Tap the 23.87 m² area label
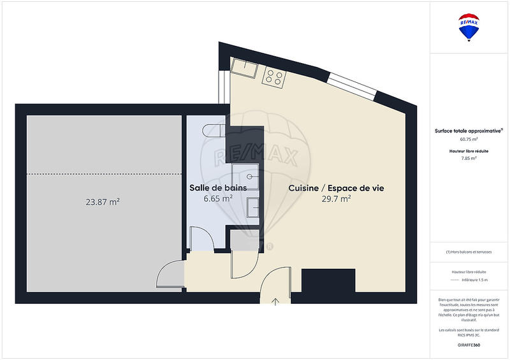click(x=103, y=202)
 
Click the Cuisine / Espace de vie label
click(x=336, y=188)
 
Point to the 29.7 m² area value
click(x=336, y=199)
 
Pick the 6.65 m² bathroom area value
click(x=214, y=199)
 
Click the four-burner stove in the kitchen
click(x=275, y=77)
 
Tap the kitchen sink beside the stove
click(x=244, y=68)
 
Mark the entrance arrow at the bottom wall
click(x=276, y=301)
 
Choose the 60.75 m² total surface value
click(x=469, y=139)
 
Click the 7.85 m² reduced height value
click(x=469, y=158)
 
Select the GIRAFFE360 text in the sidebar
click(x=469, y=345)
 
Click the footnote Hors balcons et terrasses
click(x=469, y=252)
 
